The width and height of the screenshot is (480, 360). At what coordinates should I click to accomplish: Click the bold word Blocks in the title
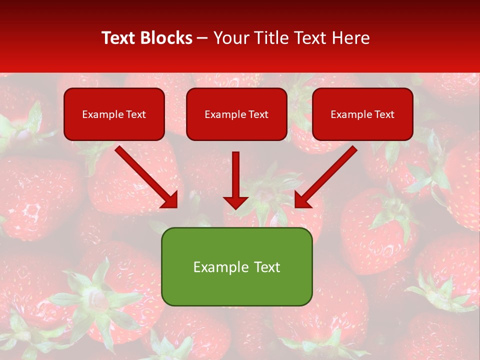click(166, 38)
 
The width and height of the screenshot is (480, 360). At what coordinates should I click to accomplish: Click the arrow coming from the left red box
click(145, 175)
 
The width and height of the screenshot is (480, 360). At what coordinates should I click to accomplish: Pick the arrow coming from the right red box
click(327, 175)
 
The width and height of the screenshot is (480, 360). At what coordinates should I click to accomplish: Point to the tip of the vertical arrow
click(235, 207)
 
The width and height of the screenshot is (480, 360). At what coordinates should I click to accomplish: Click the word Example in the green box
click(214, 267)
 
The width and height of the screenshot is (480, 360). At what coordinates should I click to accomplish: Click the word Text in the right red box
click(384, 114)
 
